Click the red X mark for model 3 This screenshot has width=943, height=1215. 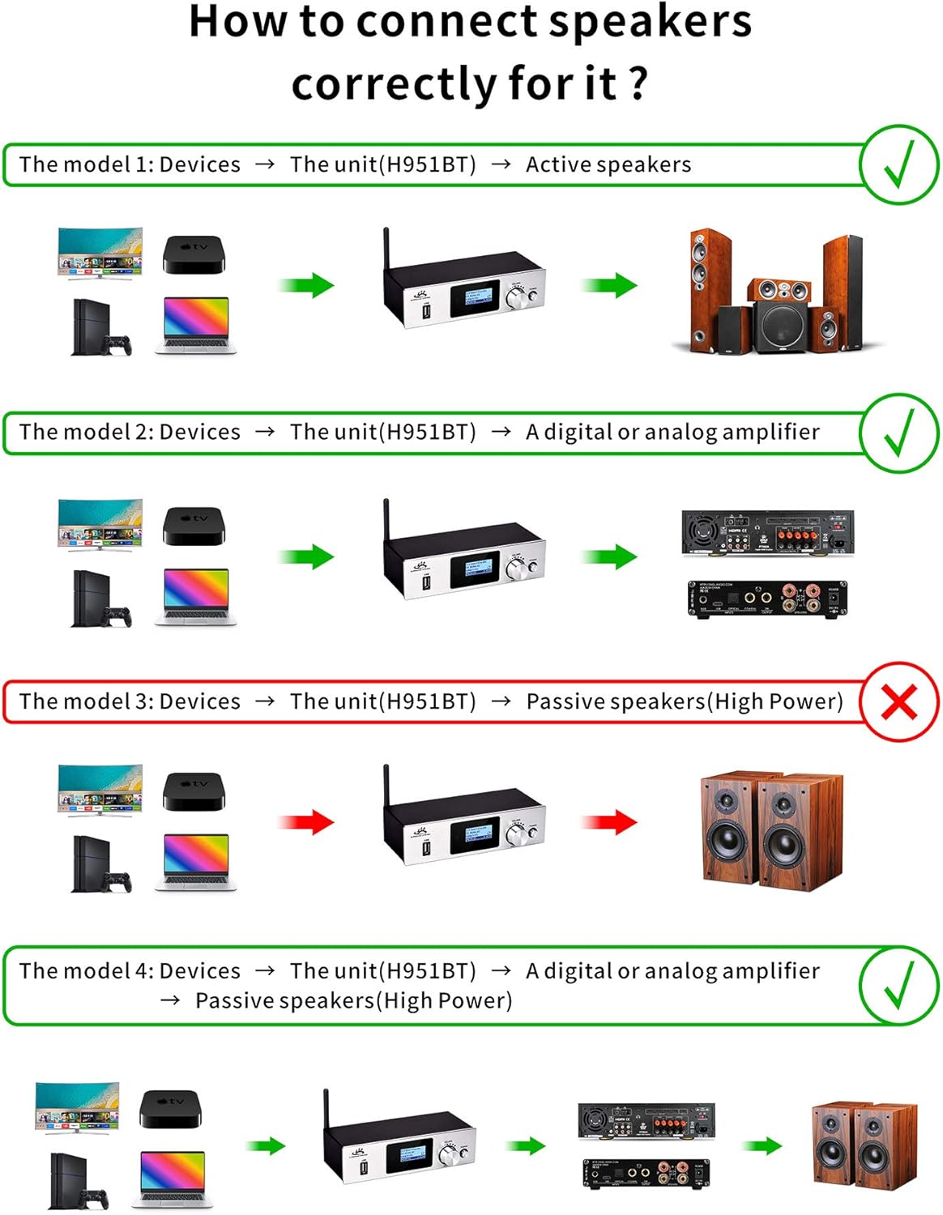898,701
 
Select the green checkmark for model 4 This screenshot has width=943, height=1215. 898,984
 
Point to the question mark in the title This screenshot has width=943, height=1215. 638,83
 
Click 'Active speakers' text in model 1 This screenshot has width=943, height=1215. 608,164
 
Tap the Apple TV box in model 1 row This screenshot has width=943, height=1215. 194,254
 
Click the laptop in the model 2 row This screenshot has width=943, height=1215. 196,597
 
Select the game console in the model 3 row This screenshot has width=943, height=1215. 100,865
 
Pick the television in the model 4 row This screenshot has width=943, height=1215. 78,1106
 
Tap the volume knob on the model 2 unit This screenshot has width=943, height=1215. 516,569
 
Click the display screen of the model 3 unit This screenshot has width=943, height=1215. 476,836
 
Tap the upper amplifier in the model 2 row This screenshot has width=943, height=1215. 767,533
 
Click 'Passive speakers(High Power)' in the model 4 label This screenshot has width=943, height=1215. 354,1001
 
